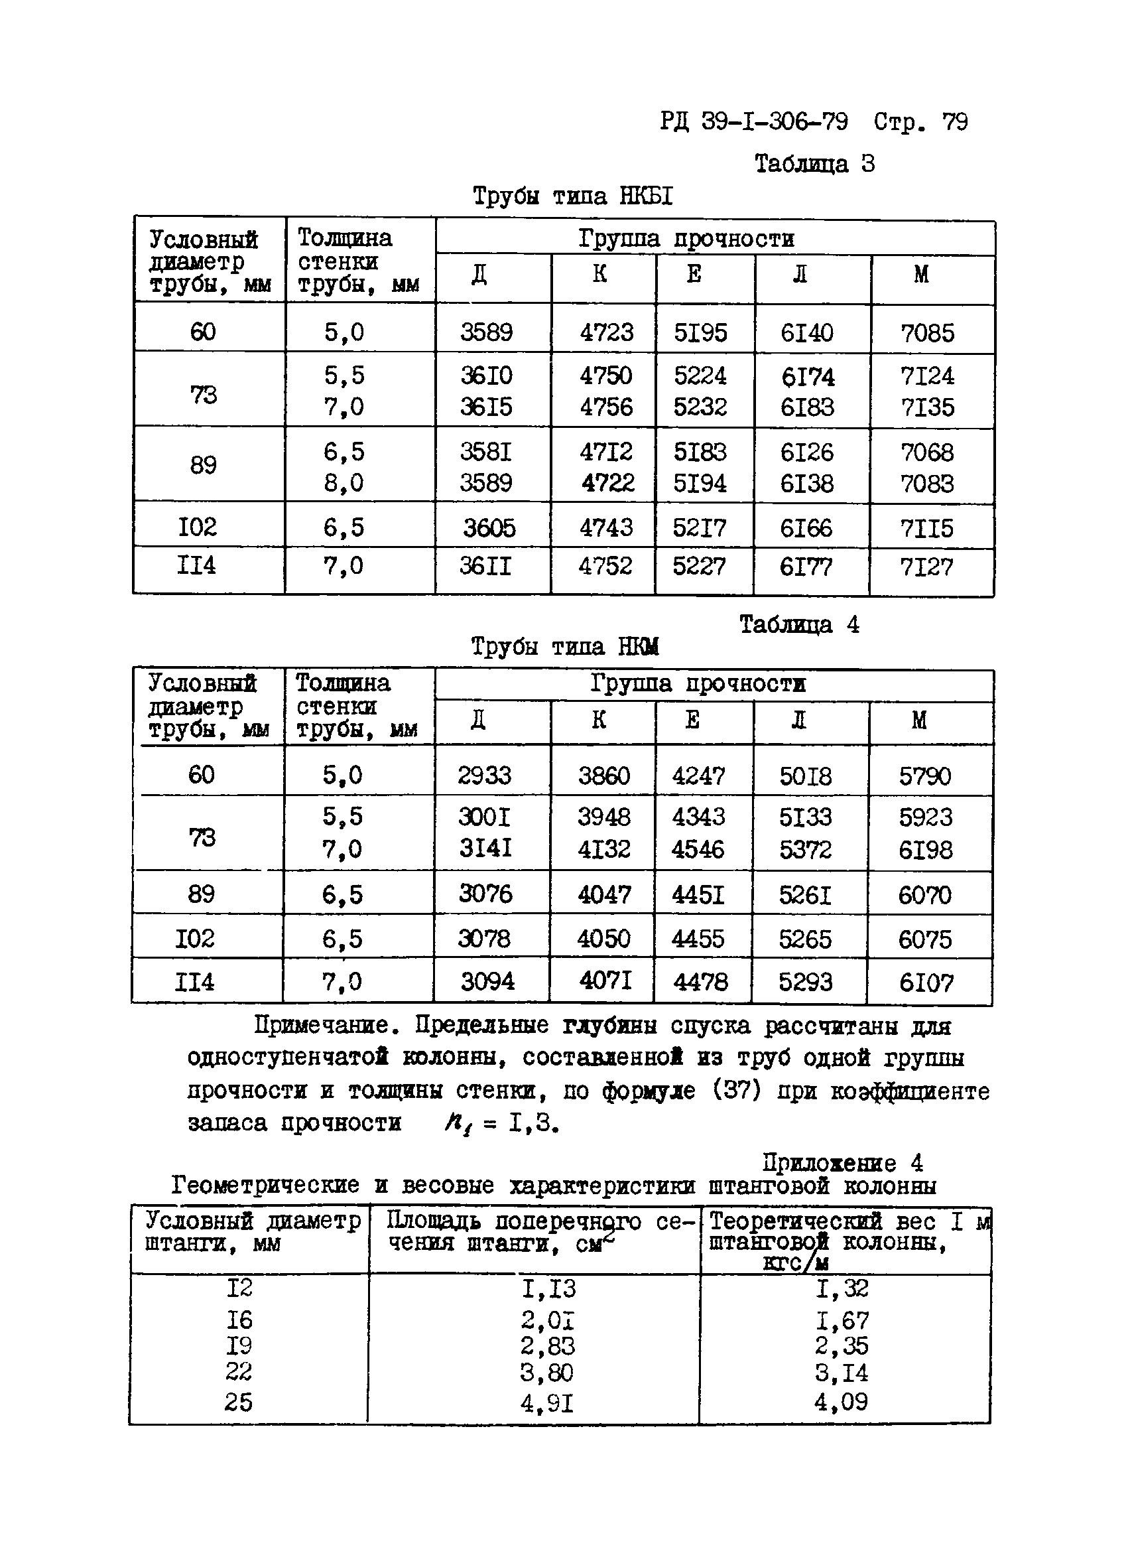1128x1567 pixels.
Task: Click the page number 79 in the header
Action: (955, 122)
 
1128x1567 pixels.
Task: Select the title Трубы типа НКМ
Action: (564, 647)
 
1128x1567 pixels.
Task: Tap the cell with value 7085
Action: (927, 333)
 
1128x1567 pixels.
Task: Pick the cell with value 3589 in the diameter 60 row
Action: (486, 332)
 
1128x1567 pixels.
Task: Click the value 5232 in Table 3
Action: (700, 407)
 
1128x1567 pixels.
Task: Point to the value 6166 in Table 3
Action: (806, 529)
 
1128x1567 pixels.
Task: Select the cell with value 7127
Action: (926, 567)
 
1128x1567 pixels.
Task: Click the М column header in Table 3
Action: (921, 275)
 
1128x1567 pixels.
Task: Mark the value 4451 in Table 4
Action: (698, 896)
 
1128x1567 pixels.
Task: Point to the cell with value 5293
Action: (806, 982)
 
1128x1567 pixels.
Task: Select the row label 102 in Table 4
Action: (194, 938)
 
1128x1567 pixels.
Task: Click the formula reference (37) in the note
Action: (736, 1091)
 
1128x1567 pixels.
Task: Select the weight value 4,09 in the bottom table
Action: (841, 1402)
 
